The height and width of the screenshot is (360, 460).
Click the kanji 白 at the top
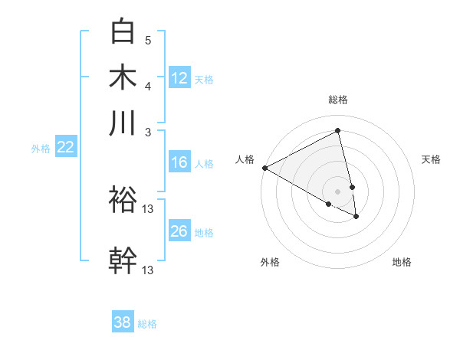tap(123, 32)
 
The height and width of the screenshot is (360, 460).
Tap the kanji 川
tap(123, 123)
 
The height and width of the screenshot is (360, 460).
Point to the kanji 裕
tap(123, 201)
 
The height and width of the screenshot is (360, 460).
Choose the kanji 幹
tap(123, 260)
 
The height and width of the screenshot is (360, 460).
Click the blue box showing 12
tap(179, 78)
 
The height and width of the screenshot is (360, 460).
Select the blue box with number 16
tap(179, 162)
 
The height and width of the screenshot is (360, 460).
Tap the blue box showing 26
tap(179, 231)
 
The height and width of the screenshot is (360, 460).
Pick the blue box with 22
tap(65, 148)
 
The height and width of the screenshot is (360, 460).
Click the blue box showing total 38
tap(123, 322)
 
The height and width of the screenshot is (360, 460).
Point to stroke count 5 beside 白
tap(148, 40)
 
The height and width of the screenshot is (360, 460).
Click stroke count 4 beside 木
tap(148, 85)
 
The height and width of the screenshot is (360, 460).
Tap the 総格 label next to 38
tap(147, 324)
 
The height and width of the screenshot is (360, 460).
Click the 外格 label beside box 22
tap(41, 149)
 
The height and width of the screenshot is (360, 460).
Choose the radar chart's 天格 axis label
tap(431, 159)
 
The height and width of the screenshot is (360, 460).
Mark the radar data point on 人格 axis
tap(264, 168)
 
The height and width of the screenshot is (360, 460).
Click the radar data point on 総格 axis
tap(337, 131)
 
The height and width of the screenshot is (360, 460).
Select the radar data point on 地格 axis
tap(356, 217)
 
